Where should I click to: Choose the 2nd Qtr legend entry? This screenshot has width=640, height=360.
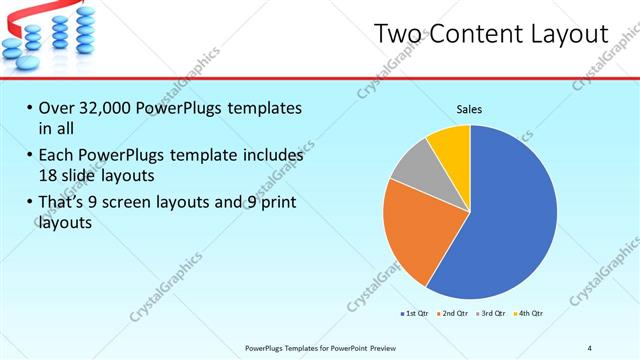(453, 314)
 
